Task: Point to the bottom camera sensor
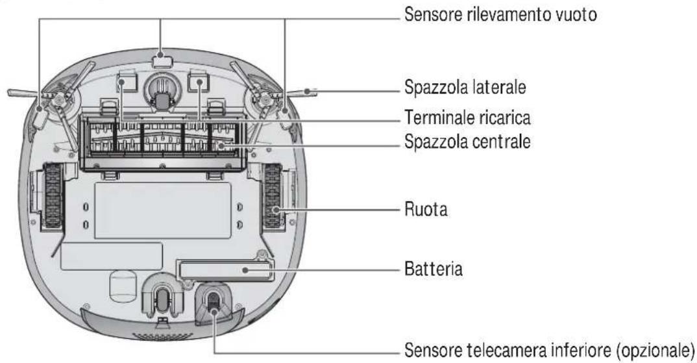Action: tap(212, 299)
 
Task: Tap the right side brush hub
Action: tap(263, 101)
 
